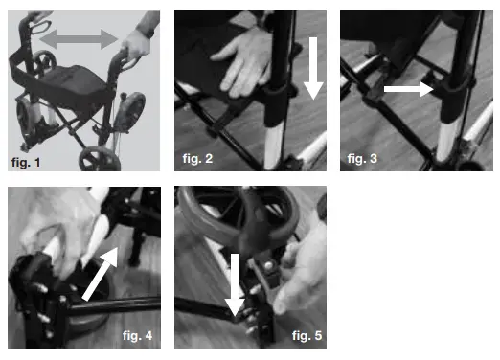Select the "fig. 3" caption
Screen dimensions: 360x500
tap(363, 156)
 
